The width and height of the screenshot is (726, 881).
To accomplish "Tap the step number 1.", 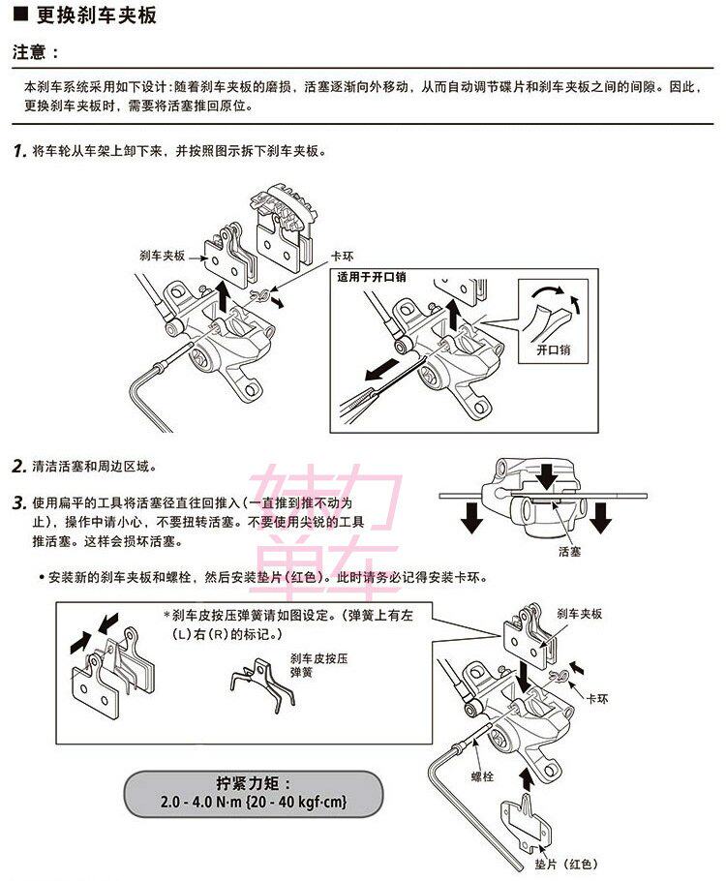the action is pyautogui.click(x=18, y=152).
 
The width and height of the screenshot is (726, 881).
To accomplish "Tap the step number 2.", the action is pyautogui.click(x=18, y=467).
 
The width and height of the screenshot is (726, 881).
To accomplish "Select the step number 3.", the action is pyautogui.click(x=18, y=504).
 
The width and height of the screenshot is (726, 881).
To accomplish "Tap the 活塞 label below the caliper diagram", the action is pyautogui.click(x=569, y=552).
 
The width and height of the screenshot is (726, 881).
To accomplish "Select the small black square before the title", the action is pyautogui.click(x=18, y=16).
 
